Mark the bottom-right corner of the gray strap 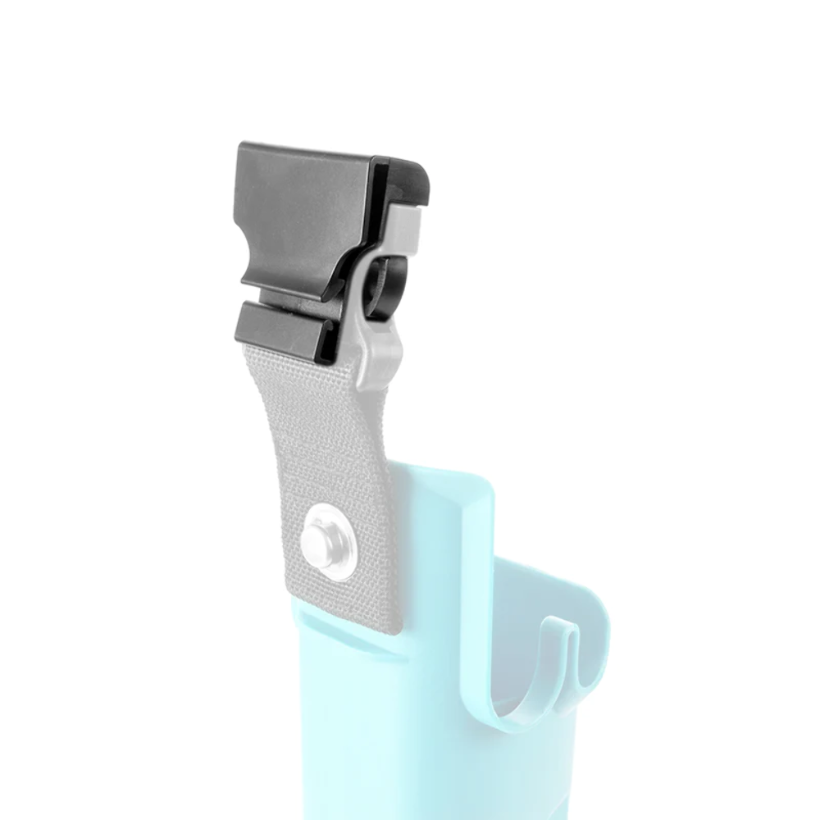400,630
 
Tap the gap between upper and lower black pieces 279,300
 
